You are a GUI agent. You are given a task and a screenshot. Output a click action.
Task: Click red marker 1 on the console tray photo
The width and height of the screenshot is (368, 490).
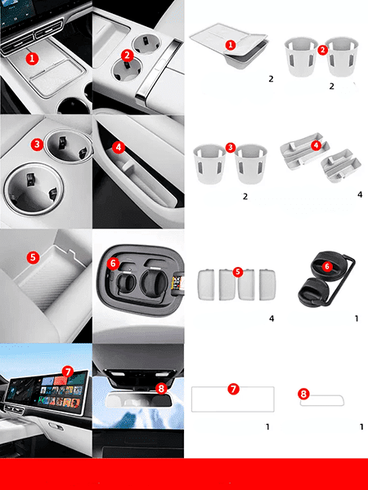pos(32,59)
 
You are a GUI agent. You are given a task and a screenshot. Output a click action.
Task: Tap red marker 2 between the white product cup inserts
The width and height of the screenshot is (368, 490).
pos(323,50)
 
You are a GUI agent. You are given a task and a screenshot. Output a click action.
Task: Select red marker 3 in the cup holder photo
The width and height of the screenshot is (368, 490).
pos(38,145)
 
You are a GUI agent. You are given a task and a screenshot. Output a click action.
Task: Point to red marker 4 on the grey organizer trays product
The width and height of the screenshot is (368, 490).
pos(316,145)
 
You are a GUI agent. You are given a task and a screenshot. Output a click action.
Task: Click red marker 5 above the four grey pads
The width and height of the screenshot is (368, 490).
pos(238,272)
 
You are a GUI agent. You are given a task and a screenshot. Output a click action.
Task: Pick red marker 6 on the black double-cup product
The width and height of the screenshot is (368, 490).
pos(327,266)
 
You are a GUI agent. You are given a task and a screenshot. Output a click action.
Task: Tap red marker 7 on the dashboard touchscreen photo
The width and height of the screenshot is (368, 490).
pos(68,372)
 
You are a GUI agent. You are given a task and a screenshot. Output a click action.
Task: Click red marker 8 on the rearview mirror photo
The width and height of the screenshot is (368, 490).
pos(161,389)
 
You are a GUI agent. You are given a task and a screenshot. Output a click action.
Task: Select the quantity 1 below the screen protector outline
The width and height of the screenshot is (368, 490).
pos(267,426)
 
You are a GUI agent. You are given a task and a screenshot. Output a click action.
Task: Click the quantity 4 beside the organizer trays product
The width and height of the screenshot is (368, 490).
pos(360,194)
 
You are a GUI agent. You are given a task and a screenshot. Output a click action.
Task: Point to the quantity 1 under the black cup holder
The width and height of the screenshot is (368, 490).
pos(357,318)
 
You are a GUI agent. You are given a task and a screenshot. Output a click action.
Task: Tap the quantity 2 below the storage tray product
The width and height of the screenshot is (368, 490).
pos(271,79)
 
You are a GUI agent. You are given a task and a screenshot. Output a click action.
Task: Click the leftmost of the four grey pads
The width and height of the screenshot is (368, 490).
pos(206,285)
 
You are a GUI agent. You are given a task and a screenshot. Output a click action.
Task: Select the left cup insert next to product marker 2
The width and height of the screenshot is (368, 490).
pos(301,56)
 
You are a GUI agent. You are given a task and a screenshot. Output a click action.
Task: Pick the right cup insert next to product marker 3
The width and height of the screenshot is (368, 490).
pos(251,164)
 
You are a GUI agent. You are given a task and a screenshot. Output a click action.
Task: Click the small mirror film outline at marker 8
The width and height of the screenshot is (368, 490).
pos(322,400)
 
